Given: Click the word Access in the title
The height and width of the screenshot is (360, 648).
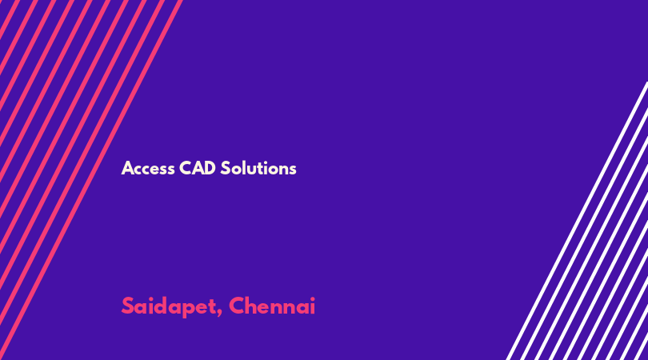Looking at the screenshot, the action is pyautogui.click(x=148, y=169).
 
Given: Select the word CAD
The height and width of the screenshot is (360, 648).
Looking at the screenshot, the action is pyautogui.click(x=198, y=168).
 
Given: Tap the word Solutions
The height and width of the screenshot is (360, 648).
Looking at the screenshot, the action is pyautogui.click(x=258, y=168).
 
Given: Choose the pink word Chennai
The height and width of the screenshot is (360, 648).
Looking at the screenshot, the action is pyautogui.click(x=272, y=306).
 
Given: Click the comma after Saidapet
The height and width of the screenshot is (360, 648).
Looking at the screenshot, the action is pyautogui.click(x=218, y=314).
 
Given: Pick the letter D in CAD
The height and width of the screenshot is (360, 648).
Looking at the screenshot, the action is pyautogui.click(x=210, y=168).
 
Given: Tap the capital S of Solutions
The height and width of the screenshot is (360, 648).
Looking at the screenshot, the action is pyautogui.click(x=226, y=168).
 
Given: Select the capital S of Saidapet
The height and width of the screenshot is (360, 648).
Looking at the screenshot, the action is pyautogui.click(x=128, y=306).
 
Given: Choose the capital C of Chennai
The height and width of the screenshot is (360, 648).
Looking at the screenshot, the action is pyautogui.click(x=238, y=306).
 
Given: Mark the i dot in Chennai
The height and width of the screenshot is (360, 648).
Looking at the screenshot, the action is pyautogui.click(x=312, y=298).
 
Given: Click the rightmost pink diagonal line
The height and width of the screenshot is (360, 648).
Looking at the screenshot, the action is pyautogui.click(x=91, y=180).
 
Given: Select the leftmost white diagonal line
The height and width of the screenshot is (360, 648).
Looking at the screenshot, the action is pyautogui.click(x=577, y=221).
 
